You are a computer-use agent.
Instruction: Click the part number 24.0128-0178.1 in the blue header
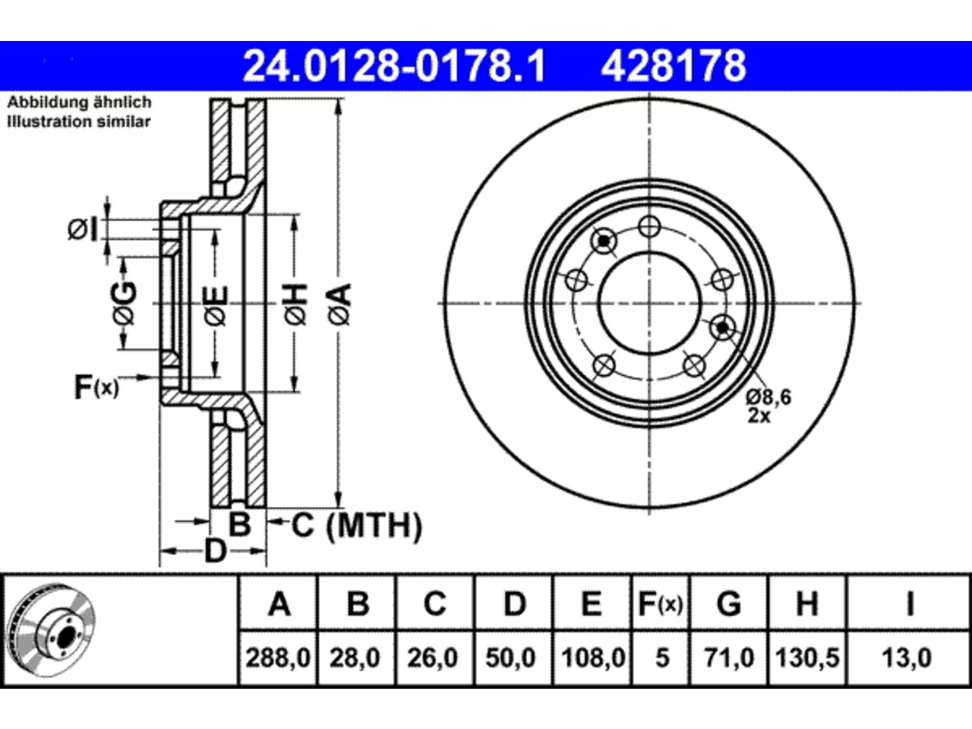[x=394, y=66]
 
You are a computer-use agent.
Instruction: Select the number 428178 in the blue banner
[x=674, y=66]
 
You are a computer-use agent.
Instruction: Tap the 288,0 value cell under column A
[x=278, y=658]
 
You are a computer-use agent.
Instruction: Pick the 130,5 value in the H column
[x=806, y=658]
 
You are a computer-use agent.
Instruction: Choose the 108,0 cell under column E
[x=592, y=658]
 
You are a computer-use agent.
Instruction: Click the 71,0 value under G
[x=729, y=658]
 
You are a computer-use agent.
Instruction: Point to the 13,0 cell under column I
[x=907, y=658]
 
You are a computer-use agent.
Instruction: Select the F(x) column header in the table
[x=661, y=604]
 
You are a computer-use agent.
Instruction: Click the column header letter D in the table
[x=515, y=604]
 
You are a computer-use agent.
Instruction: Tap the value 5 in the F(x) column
[x=662, y=658]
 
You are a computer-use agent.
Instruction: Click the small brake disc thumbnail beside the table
[x=52, y=630]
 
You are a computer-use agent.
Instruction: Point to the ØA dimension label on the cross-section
[x=340, y=305]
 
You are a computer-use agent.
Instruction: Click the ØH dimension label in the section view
[x=295, y=305]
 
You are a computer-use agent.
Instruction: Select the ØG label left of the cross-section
[x=124, y=303]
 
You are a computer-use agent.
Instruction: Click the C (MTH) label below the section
[x=357, y=525]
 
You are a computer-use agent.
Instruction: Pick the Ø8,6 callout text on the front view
[x=768, y=397]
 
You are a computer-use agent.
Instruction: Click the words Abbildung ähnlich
[x=79, y=103]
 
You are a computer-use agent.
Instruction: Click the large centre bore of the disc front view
[x=649, y=303]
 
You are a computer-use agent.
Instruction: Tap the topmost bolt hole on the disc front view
[x=649, y=227]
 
